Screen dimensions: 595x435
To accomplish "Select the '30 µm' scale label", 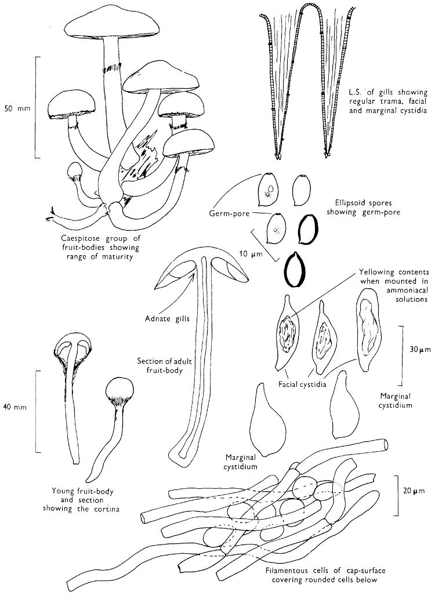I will [x=418, y=350].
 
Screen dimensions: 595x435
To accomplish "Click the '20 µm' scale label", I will [x=415, y=491].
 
